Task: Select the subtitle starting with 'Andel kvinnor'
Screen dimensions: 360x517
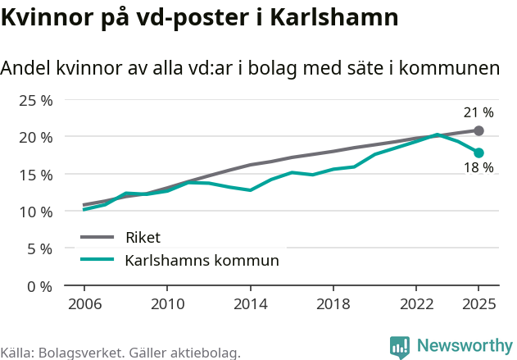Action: point(250,68)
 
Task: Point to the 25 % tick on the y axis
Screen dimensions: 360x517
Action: point(36,100)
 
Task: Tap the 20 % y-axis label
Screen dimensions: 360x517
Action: point(36,137)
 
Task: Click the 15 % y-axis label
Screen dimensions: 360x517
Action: point(36,175)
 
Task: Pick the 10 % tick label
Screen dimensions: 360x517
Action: point(36,212)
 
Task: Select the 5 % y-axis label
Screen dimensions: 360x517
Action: point(39,248)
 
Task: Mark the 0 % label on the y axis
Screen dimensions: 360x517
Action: point(39,286)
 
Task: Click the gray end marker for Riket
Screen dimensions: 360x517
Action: point(479,130)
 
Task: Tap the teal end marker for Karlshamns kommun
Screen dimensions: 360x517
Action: point(479,153)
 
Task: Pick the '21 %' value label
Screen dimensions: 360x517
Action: point(479,112)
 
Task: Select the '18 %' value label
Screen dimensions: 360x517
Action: point(479,168)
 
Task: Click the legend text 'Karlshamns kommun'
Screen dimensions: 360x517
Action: point(202,261)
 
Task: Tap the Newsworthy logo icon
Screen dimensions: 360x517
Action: point(400,346)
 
